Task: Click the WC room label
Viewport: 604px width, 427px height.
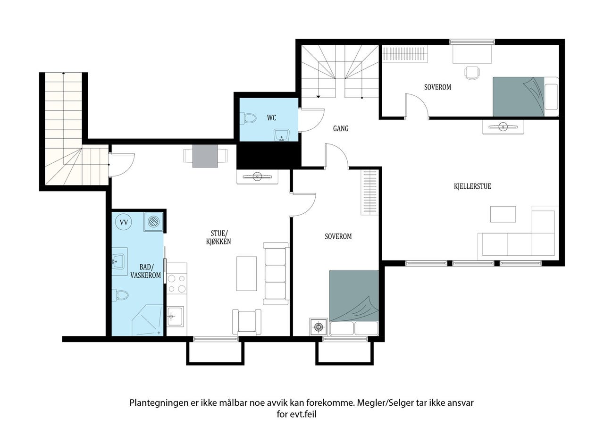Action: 271,118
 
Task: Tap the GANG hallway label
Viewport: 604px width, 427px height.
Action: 341,129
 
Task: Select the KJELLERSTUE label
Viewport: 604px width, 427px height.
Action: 472,186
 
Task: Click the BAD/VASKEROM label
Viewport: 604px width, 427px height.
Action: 146,271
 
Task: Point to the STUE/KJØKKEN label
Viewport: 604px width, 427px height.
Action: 218,237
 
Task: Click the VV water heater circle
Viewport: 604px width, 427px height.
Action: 124,222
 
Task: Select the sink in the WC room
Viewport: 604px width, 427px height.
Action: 282,135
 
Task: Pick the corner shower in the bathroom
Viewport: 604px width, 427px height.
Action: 148,320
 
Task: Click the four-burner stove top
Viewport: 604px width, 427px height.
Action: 176,284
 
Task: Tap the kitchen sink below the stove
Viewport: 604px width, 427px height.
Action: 175,316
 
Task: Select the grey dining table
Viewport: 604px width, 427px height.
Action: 205,156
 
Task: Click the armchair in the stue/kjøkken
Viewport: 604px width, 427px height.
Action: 247,322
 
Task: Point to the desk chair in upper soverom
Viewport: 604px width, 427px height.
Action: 472,73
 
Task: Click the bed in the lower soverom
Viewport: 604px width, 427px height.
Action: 354,302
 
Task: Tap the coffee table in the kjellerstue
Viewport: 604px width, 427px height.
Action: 503,214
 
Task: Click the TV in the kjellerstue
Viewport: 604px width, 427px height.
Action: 503,127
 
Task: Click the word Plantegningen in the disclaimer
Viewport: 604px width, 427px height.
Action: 159,403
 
